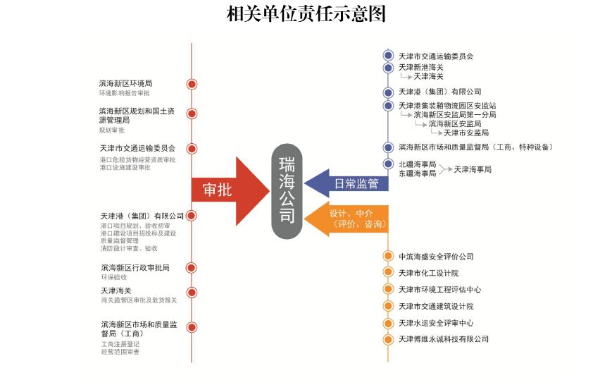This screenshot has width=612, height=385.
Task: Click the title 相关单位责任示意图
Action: tap(306, 14)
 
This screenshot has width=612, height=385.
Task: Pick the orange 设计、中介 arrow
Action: tap(352, 219)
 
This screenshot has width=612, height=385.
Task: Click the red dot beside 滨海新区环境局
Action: tap(191, 84)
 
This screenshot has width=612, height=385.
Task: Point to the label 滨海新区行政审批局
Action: tap(135, 268)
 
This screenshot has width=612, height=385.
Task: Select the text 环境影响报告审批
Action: tap(124, 93)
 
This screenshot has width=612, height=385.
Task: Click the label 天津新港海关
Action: tap(421, 67)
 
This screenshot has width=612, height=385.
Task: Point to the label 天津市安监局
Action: tap(466, 133)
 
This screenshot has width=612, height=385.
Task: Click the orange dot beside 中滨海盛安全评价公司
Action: tap(387, 256)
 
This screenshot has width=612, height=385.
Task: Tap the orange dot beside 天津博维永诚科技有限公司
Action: tap(387, 340)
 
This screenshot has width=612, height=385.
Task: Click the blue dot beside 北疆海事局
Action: tap(387, 164)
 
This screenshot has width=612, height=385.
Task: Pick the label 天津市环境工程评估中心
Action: tap(439, 290)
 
